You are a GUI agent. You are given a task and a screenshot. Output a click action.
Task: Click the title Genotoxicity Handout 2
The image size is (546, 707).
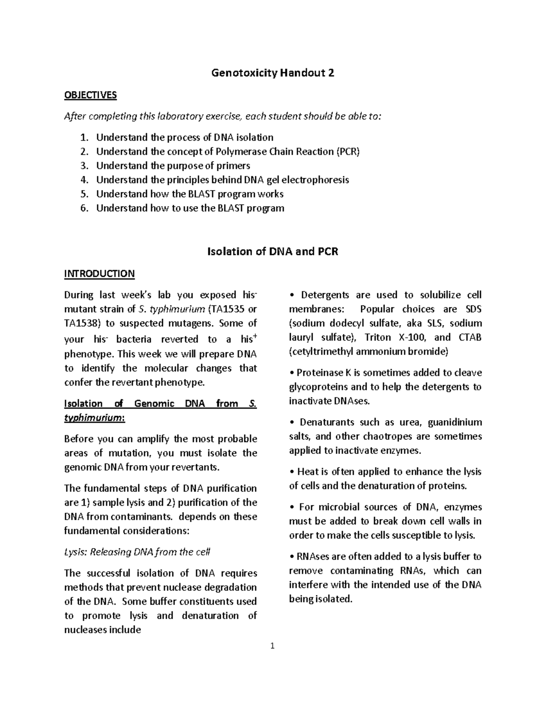273,73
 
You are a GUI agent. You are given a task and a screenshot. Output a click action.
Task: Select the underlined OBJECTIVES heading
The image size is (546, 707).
90,95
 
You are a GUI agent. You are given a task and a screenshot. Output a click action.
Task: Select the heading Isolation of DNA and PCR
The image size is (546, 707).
273,251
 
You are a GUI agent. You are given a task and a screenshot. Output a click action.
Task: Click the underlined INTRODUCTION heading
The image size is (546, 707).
99,274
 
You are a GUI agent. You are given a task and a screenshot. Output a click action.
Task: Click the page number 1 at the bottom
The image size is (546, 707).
273,646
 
